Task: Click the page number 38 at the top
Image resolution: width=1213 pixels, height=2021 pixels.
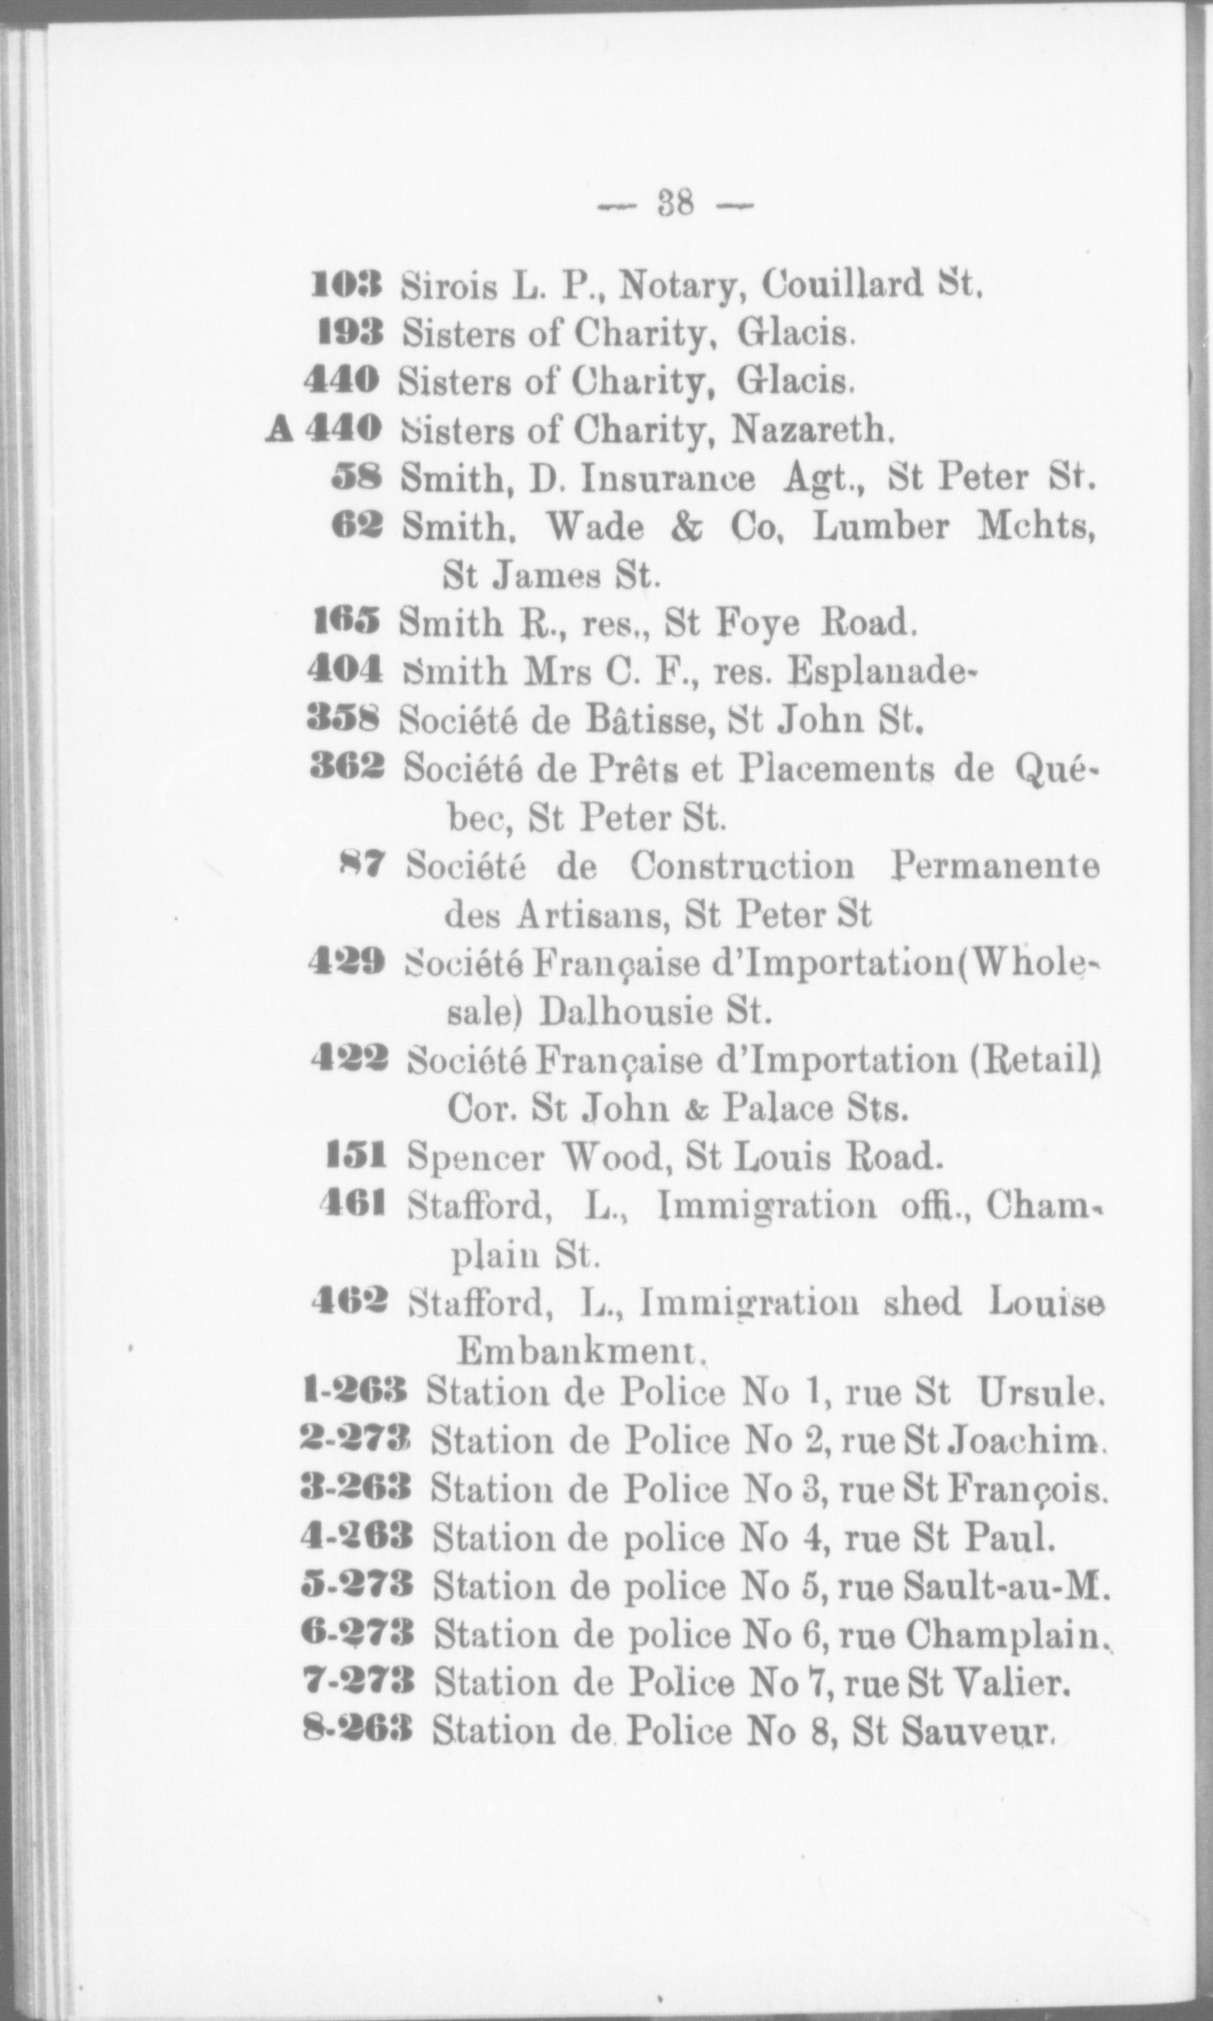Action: point(673,202)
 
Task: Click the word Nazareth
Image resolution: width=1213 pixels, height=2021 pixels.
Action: point(812,429)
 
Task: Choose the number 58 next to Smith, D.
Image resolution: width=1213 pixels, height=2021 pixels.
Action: point(358,478)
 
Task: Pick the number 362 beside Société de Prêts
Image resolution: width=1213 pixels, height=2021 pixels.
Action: point(346,769)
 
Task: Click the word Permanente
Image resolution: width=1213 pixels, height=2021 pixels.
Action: point(994,865)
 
